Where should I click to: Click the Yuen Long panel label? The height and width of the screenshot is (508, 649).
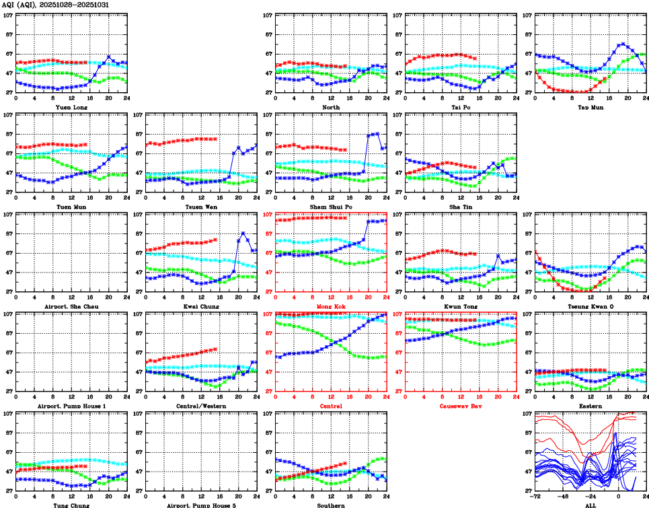point(71,106)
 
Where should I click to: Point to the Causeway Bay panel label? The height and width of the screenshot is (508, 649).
point(460,406)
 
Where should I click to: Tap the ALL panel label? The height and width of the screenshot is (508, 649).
point(590,505)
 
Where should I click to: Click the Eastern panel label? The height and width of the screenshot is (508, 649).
point(590,406)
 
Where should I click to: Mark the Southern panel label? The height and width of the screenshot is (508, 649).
point(331,505)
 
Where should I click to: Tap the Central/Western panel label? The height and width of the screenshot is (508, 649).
point(201,406)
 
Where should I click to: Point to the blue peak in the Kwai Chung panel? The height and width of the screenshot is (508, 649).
point(243,233)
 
